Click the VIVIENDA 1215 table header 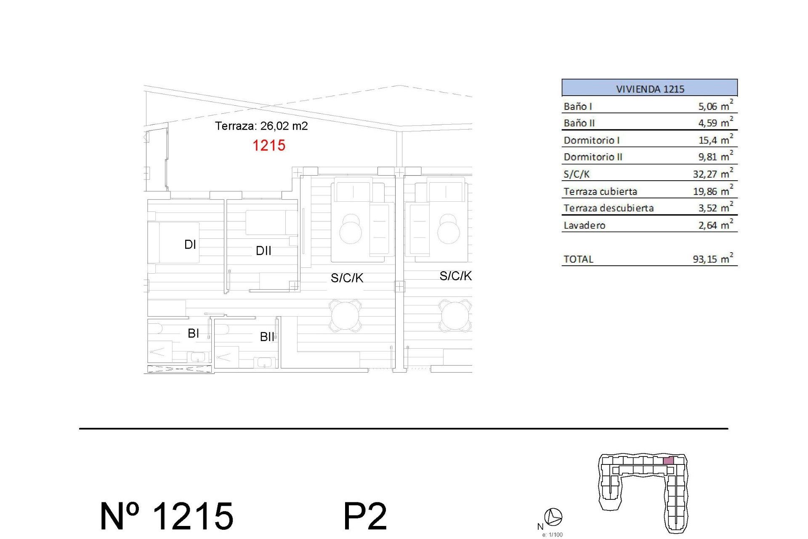click(x=649, y=88)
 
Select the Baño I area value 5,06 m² click(x=715, y=106)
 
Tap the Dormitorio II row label click(x=593, y=157)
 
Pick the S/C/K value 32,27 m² click(x=712, y=173)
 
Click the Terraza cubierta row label click(x=600, y=192)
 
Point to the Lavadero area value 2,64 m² click(x=715, y=225)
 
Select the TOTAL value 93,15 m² click(x=712, y=259)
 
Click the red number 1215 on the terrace click(x=268, y=146)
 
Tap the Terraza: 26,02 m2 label click(x=261, y=126)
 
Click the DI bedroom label click(x=190, y=244)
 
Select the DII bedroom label click(x=263, y=251)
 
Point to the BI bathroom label click(x=193, y=334)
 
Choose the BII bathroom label click(x=267, y=337)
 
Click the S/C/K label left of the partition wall click(x=347, y=278)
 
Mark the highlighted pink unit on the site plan click(x=668, y=461)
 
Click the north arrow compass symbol click(x=553, y=516)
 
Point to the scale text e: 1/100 click(x=552, y=535)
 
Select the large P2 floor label click(x=365, y=516)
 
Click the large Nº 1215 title click(x=167, y=516)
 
